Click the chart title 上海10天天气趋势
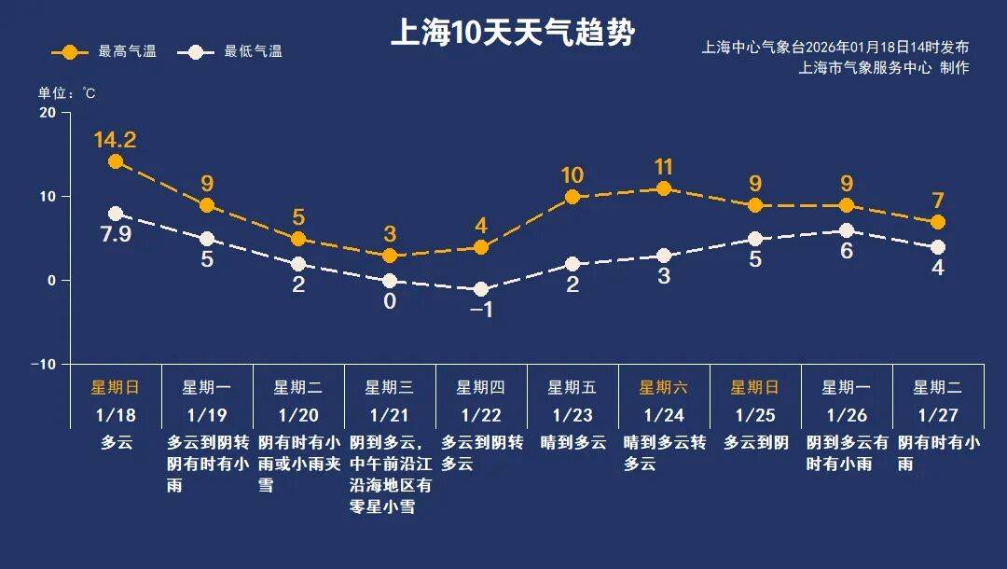coord(512,34)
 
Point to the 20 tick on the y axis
coord(47,113)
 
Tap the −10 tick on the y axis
coord(43,364)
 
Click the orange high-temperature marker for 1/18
coord(116,161)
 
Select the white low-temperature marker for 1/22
coord(481,289)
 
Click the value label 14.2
coord(116,140)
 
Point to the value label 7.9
coord(116,234)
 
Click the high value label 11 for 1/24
coord(664,167)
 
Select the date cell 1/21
coord(390,412)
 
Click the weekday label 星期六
coord(663,387)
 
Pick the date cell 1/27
coord(937,412)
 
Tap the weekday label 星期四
coord(481,387)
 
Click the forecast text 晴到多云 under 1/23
coord(572,443)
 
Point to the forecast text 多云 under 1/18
coord(116,443)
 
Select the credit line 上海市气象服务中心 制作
coord(883,67)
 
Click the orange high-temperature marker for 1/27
coord(937,222)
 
